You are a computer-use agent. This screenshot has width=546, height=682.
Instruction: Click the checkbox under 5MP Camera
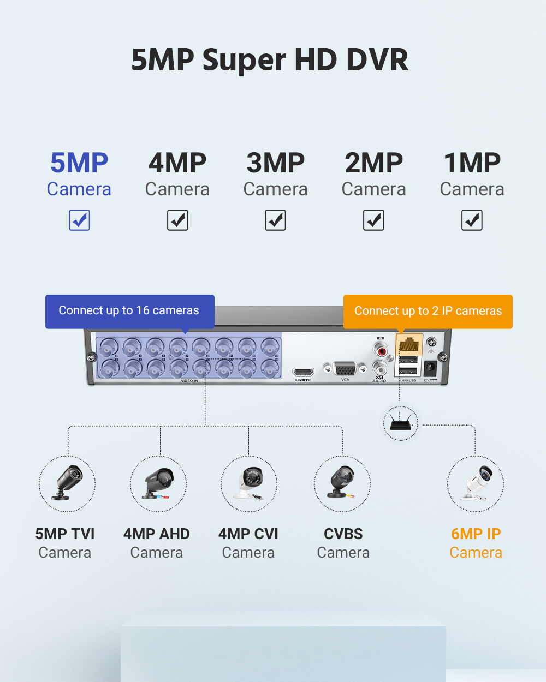(79, 220)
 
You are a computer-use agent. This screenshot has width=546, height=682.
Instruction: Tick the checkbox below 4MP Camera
(177, 220)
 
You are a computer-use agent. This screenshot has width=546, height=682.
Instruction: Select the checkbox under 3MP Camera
(275, 220)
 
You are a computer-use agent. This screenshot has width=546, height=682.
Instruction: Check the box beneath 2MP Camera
(373, 220)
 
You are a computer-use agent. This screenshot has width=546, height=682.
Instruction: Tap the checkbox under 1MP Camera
(472, 220)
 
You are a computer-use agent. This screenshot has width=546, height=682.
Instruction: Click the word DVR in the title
(377, 60)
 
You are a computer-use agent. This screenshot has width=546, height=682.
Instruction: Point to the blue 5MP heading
(79, 163)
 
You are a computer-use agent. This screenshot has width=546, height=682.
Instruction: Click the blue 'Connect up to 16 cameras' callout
(129, 311)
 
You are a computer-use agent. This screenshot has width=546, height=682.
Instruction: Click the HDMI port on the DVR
(303, 372)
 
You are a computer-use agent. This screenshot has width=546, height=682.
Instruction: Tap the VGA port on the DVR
(345, 368)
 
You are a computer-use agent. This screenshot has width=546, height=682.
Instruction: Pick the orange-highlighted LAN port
(408, 345)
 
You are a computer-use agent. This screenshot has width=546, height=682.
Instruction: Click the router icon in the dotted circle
(401, 423)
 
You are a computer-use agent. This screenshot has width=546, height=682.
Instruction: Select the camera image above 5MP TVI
(67, 483)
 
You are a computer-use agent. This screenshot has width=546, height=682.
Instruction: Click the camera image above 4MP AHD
(158, 483)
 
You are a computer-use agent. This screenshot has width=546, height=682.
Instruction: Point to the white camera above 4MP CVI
(249, 483)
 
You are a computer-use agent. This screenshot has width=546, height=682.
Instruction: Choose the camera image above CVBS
(342, 483)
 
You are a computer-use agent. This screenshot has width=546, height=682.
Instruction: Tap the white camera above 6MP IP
(476, 483)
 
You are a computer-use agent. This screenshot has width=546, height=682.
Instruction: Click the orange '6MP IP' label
(476, 534)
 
